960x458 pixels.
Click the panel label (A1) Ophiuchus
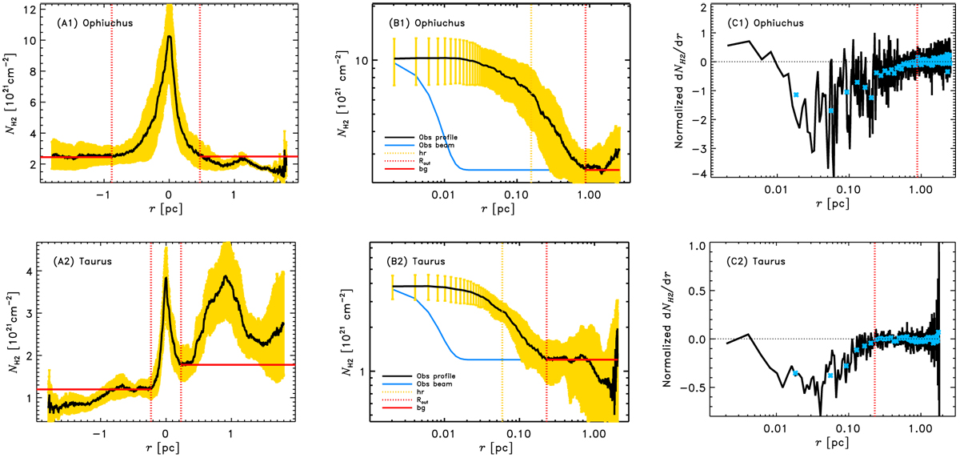point(94,22)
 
